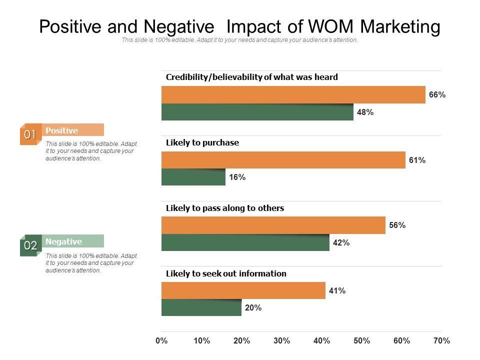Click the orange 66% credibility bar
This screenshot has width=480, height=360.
293,95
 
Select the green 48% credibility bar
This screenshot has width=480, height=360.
257,112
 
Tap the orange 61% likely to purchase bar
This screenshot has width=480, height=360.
283,160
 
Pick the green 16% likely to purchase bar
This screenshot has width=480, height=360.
193,177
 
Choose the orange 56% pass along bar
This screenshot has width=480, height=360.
273,225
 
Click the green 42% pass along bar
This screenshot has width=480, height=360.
245,242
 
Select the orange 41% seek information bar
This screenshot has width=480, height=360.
243,290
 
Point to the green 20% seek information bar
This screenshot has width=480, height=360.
201,307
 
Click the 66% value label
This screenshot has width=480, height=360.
437,95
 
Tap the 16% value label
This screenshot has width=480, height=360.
237,177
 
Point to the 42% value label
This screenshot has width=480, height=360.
341,243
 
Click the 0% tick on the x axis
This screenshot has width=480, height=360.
161,341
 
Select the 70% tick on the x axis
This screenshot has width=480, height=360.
442,341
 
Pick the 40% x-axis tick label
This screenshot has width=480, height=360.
322,341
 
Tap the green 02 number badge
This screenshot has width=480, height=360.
30,245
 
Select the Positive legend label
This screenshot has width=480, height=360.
62,130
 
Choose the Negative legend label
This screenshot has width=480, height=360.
63,241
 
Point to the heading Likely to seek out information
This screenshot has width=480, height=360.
226,273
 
